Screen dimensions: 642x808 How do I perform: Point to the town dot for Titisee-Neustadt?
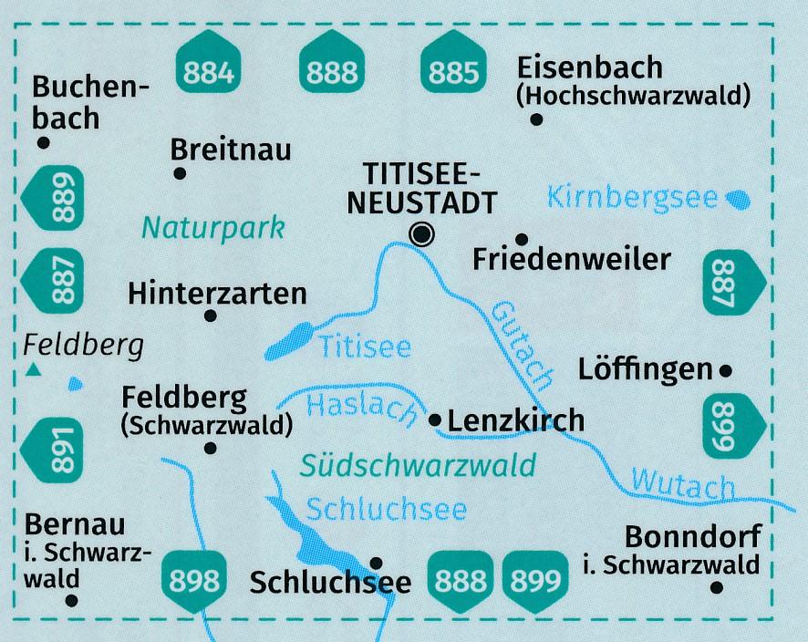(x=421, y=234)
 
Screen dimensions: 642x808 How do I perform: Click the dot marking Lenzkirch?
(x=435, y=420)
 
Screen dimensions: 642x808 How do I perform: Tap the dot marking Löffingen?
(x=726, y=370)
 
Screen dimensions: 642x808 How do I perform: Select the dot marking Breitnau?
(x=180, y=172)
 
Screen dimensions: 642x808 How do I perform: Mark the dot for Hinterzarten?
(x=211, y=316)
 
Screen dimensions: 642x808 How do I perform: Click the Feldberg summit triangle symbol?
(x=34, y=369)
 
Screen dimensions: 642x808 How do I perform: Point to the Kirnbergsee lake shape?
(x=738, y=197)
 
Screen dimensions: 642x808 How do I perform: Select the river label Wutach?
(x=683, y=482)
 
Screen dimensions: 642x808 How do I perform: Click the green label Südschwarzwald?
(x=419, y=467)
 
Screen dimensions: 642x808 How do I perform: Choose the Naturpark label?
(x=212, y=226)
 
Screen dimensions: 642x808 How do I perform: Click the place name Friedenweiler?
(x=572, y=260)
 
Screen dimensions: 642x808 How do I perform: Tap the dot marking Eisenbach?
(x=537, y=119)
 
